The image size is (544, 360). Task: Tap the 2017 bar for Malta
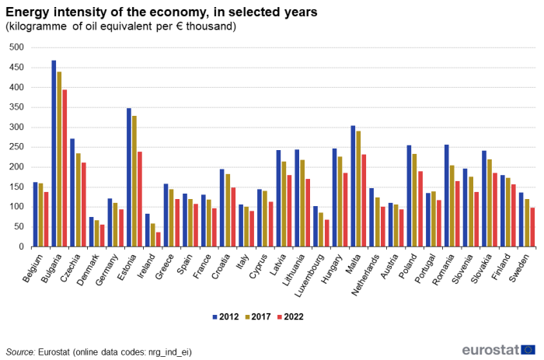click(358, 189)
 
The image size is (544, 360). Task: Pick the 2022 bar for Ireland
click(159, 239)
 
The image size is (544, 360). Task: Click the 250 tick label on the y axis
click(17, 147)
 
